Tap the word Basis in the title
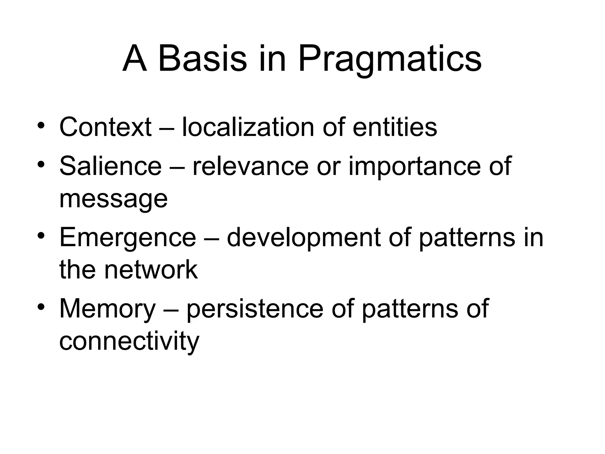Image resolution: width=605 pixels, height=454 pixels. pos(202,59)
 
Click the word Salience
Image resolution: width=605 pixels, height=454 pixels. pos(110,166)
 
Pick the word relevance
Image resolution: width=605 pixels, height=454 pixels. pos(251,166)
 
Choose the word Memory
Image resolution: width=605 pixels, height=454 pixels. pos(108,310)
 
